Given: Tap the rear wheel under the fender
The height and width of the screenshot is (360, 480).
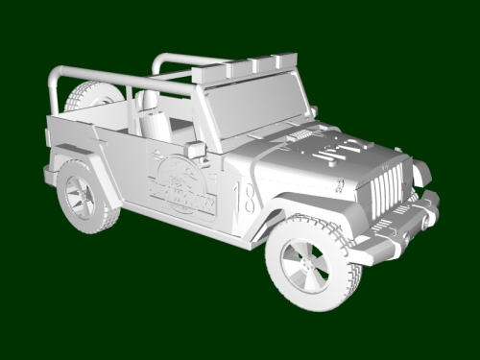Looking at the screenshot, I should point(84,197).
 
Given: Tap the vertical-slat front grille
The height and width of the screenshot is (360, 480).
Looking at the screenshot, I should point(385,188).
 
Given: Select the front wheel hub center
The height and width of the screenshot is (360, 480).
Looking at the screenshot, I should point(308,264).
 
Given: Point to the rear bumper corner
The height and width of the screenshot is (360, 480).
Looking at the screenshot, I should point(50,175).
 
